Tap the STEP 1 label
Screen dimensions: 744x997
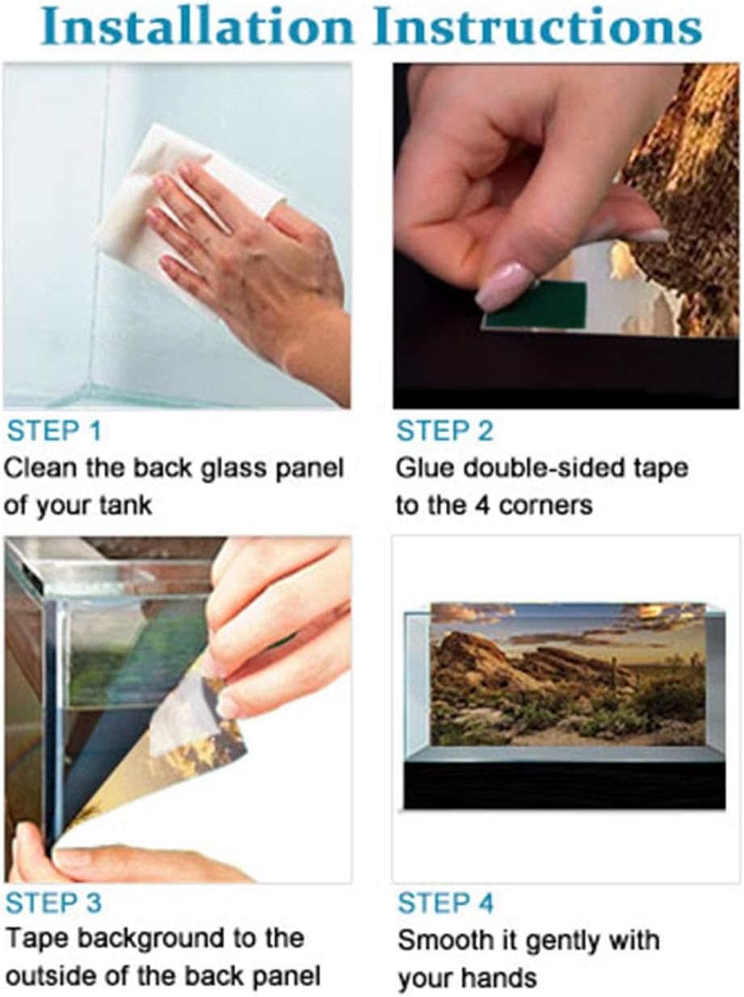(54, 431)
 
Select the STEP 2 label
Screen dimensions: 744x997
(444, 431)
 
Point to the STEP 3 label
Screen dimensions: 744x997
(53, 902)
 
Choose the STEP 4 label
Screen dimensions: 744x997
(445, 902)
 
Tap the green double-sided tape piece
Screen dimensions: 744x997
(536, 305)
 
